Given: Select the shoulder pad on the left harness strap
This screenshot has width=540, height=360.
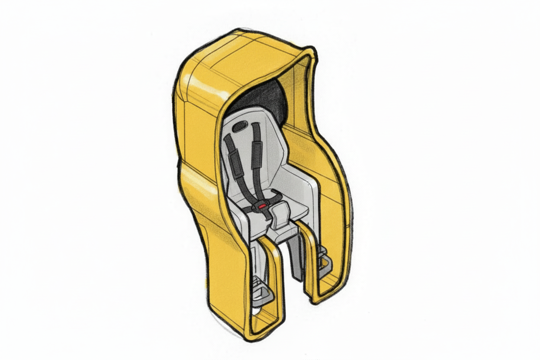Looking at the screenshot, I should pyautogui.click(x=235, y=154).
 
